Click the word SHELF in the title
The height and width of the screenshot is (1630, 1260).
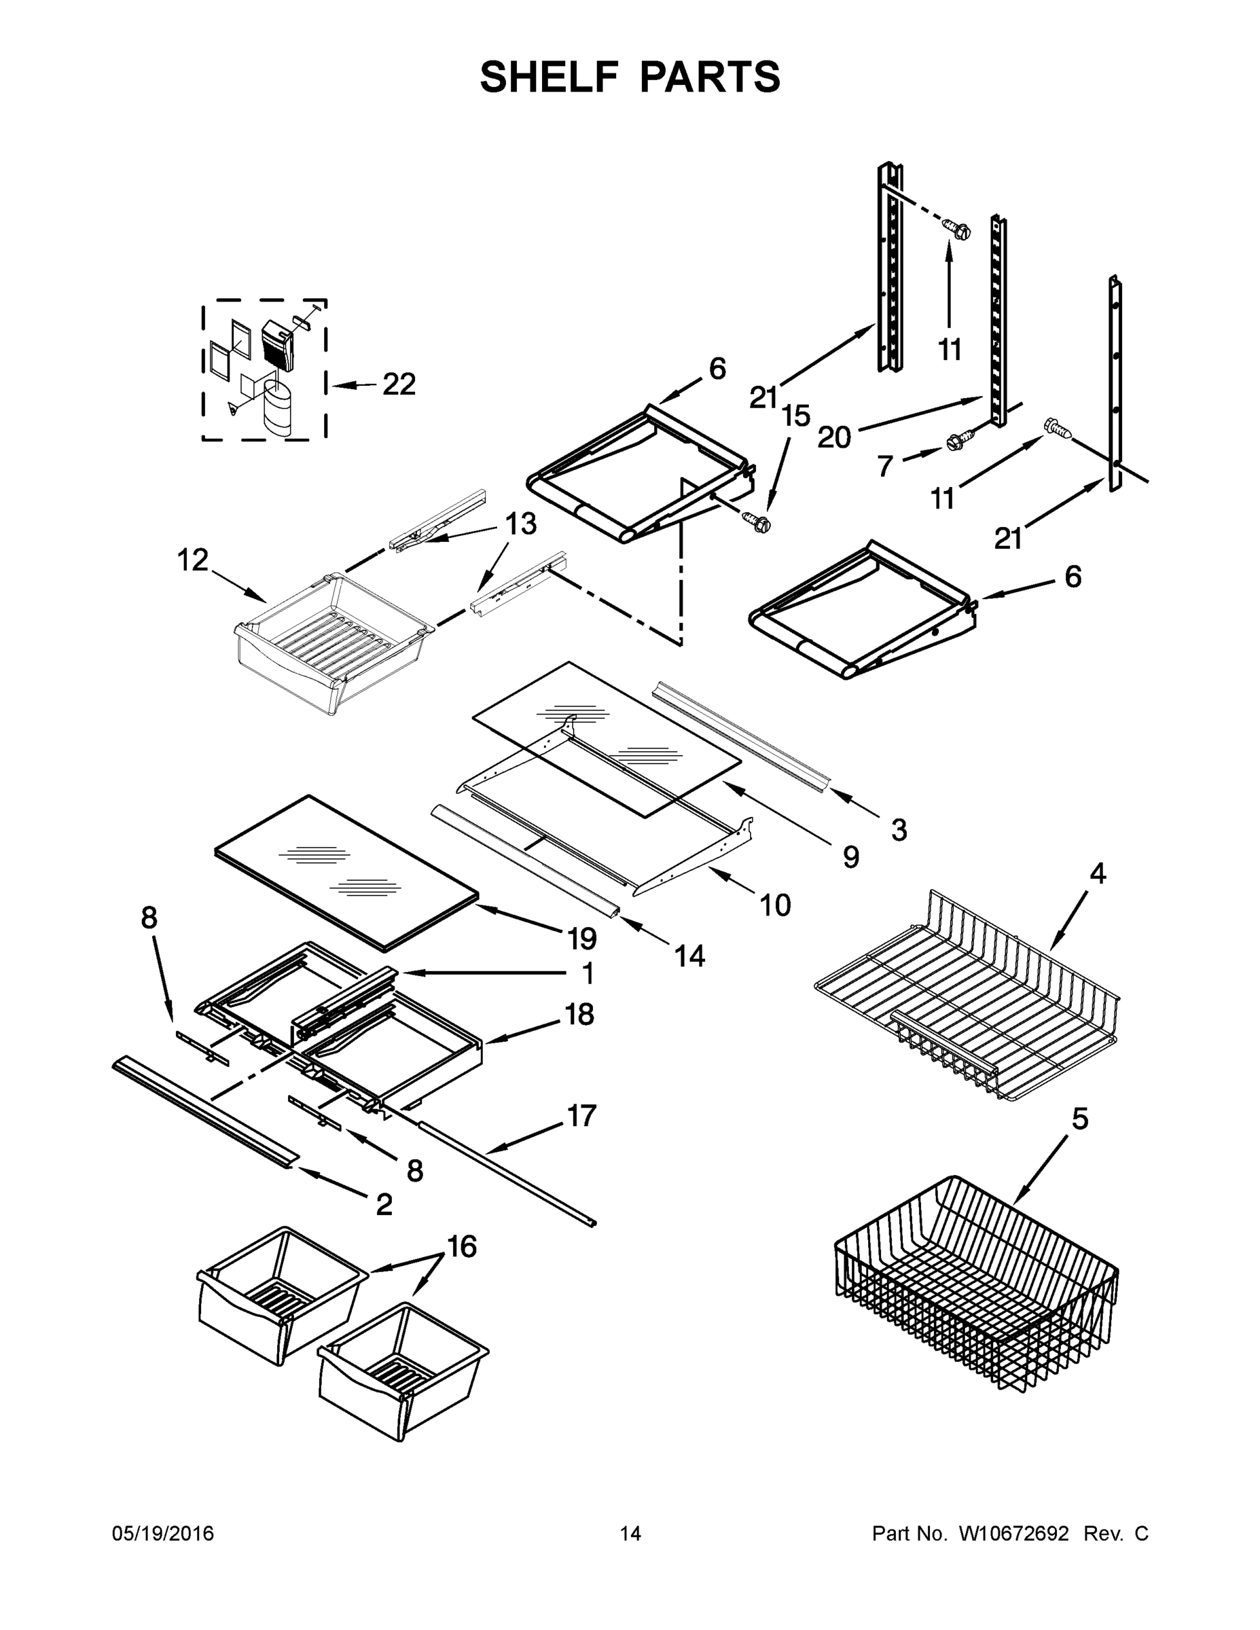pos(550,77)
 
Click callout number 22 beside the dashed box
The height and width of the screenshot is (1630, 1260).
pos(399,384)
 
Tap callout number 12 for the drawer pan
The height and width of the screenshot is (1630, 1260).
pos(193,560)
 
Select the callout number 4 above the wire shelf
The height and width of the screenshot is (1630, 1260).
pos(1097,873)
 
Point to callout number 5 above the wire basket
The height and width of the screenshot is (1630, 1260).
pos(1080,1118)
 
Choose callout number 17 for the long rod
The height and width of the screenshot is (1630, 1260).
pos(581,1115)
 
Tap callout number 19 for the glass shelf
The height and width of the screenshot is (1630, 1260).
pos(582,938)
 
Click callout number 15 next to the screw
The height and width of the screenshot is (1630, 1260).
pos(797,416)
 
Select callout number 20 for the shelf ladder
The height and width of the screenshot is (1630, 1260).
pos(834,438)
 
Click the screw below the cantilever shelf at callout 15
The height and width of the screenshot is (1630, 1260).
pos(755,522)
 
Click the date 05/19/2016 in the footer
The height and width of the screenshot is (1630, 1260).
pos(163,1533)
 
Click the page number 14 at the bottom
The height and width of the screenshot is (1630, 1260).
pos(630,1533)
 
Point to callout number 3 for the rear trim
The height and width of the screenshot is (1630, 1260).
pos(899,829)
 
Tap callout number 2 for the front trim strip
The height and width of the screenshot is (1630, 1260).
pos(384,1203)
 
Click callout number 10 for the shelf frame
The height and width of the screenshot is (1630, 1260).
pos(775,905)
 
